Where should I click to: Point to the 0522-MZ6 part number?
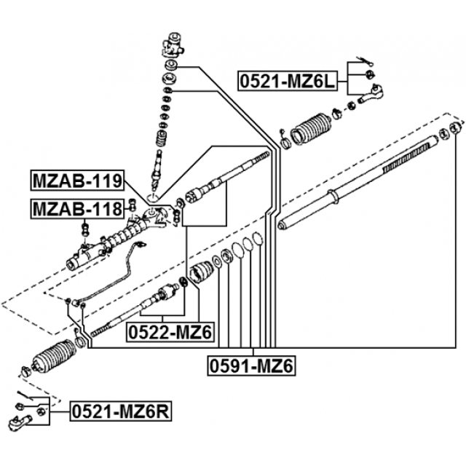170,332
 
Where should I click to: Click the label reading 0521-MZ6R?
121,413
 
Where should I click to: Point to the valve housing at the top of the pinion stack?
174,44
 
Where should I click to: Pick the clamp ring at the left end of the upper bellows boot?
285,143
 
